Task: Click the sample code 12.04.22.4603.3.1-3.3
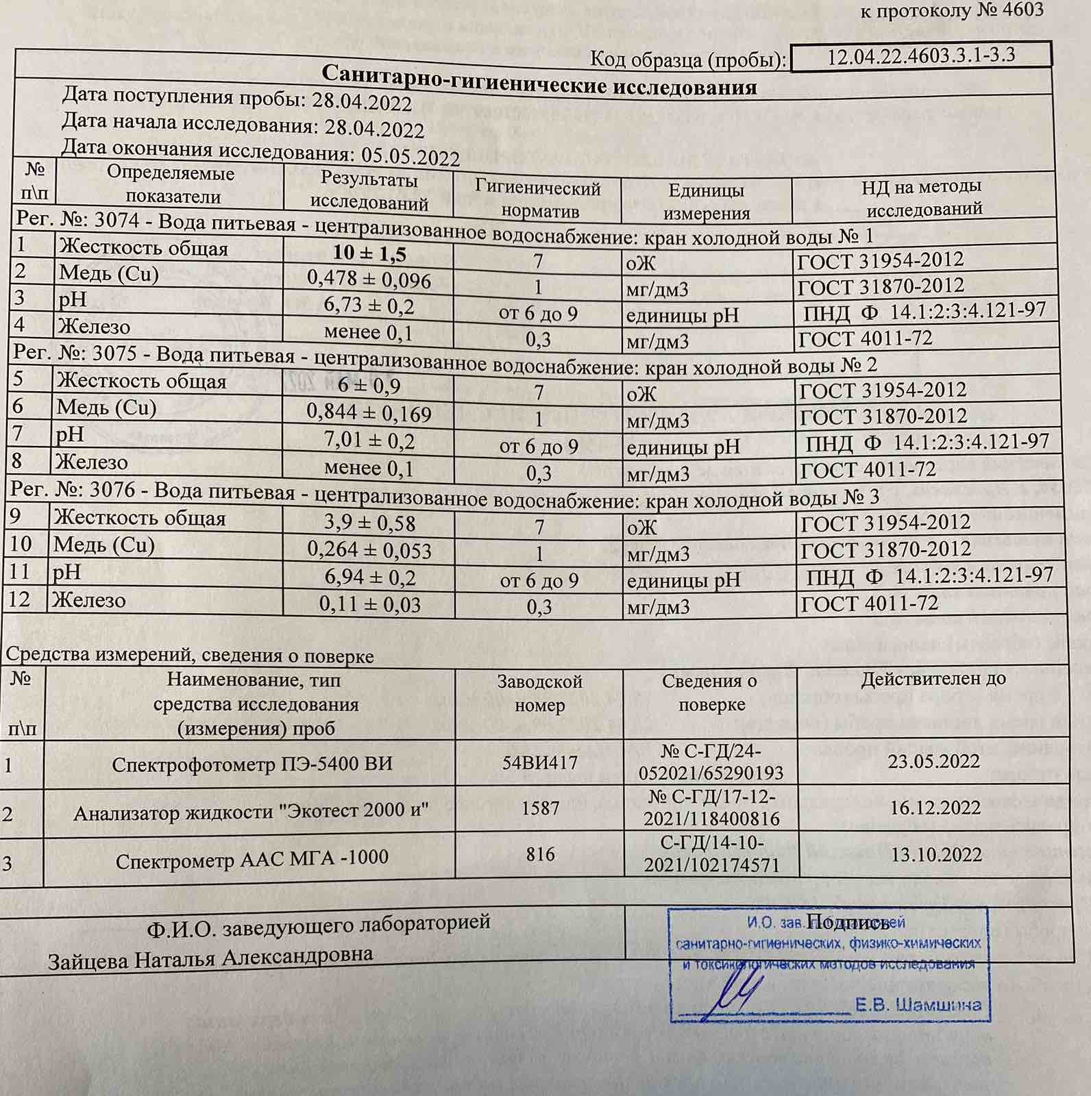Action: click(x=920, y=55)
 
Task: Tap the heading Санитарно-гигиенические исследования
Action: click(x=539, y=81)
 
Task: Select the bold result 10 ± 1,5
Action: click(x=369, y=253)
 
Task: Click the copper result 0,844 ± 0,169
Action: click(x=369, y=413)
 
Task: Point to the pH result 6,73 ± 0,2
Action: click(x=369, y=306)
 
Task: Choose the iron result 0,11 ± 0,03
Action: click(x=369, y=604)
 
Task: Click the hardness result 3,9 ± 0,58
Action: click(x=369, y=523)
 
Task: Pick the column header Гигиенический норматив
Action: click(x=538, y=199)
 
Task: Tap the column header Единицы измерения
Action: click(x=706, y=201)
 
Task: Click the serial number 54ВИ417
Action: click(x=539, y=762)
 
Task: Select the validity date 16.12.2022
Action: click(x=935, y=808)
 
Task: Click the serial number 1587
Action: click(x=540, y=808)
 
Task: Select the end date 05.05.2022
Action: click(x=410, y=156)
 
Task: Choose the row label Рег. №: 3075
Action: click(x=79, y=353)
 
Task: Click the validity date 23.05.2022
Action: click(x=934, y=761)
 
